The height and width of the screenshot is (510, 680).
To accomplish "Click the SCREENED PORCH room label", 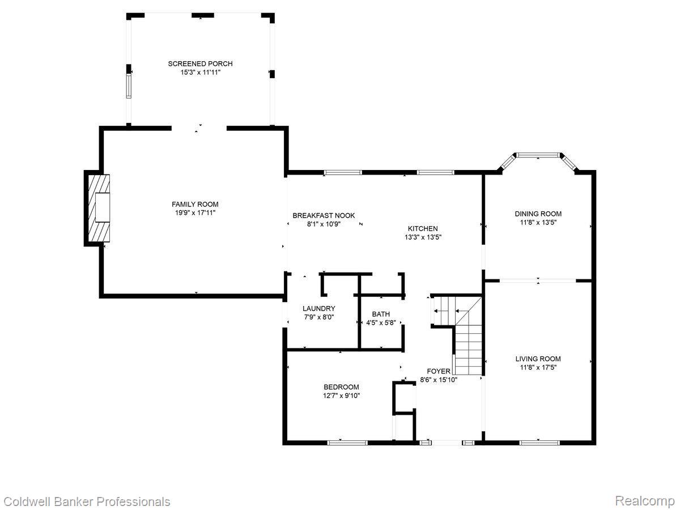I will coord(199,64).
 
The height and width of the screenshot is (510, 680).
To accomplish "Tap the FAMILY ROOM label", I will coord(195,204).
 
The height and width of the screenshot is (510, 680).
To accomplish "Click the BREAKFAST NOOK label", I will coord(324,215).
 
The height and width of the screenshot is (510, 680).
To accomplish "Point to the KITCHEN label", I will coord(422,229).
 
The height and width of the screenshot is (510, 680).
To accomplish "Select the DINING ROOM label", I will coord(538,214).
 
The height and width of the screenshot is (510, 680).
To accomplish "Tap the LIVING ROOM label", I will coord(538,359).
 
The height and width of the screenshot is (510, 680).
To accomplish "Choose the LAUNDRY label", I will coord(318,309).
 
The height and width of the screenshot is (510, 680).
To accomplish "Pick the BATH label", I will coord(381,314).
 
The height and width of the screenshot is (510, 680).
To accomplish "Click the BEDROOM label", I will coord(341,387).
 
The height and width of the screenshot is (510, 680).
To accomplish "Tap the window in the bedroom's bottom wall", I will coord(344,443).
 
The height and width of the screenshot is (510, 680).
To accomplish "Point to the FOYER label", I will coord(439,371).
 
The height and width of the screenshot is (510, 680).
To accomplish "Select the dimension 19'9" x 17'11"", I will coord(195,212).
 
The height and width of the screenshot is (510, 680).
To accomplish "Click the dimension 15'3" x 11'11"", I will coord(199,73).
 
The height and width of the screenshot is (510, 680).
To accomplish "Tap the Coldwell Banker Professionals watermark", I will coord(87,501).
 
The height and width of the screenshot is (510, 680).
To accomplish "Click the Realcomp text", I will coord(645,501).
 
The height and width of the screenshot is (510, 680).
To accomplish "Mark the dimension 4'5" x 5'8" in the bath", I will coord(381,322).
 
